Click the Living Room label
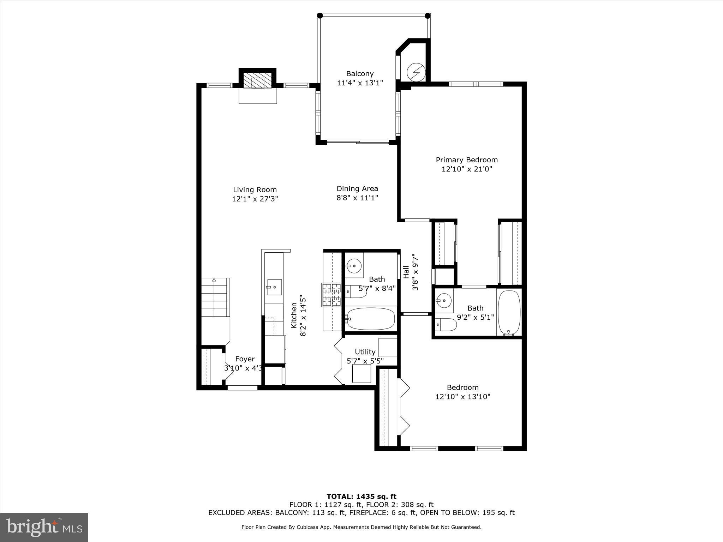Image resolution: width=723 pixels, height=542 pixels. click(255, 189)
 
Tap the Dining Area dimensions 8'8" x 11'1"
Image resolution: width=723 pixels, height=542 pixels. click(357, 198)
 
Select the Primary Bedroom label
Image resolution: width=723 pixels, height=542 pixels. click(466, 160)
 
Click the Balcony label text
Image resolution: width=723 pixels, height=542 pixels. click(359, 74)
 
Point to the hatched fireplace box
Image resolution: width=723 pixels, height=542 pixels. click(257, 80)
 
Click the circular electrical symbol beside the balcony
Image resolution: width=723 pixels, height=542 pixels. click(416, 72)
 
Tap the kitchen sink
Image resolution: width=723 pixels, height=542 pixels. click(274, 287)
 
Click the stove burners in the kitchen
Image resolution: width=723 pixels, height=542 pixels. click(331, 294)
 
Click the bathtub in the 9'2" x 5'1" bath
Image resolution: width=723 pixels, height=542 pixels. click(509, 312)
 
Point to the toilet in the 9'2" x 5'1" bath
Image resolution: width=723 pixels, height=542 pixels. click(446, 324)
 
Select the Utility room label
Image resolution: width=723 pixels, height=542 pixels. click(365, 352)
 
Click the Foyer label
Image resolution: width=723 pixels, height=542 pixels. click(245, 359)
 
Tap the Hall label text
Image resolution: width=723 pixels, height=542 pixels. click(406, 272)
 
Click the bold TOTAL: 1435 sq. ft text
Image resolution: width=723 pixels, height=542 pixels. click(361, 497)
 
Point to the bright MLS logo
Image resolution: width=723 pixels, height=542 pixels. click(44, 528)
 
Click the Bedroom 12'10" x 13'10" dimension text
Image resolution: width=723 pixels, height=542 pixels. click(462, 397)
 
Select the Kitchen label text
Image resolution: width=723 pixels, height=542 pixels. click(294, 315)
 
